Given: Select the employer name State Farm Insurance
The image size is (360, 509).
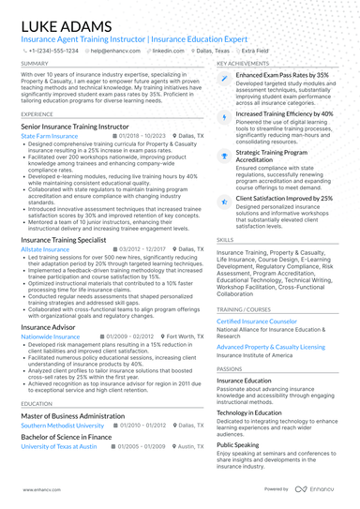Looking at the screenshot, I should pos(49,135).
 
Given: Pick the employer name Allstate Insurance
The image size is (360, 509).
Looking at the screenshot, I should pos(45,250).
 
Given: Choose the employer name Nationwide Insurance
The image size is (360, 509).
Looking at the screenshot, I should pos(51,335).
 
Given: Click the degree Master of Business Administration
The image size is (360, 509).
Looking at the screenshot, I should pos(73,414).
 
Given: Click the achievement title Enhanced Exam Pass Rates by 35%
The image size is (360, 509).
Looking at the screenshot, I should pos(282,74).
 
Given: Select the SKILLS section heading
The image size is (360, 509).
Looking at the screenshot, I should pos(226,239).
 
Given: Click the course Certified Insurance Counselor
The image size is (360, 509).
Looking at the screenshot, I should pos(256,321).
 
